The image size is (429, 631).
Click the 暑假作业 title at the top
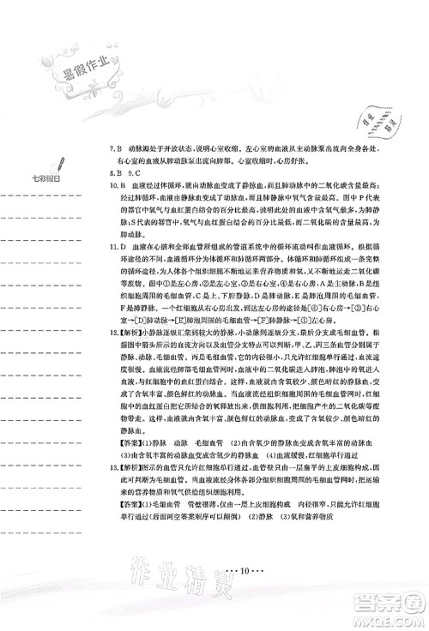click(69, 65)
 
